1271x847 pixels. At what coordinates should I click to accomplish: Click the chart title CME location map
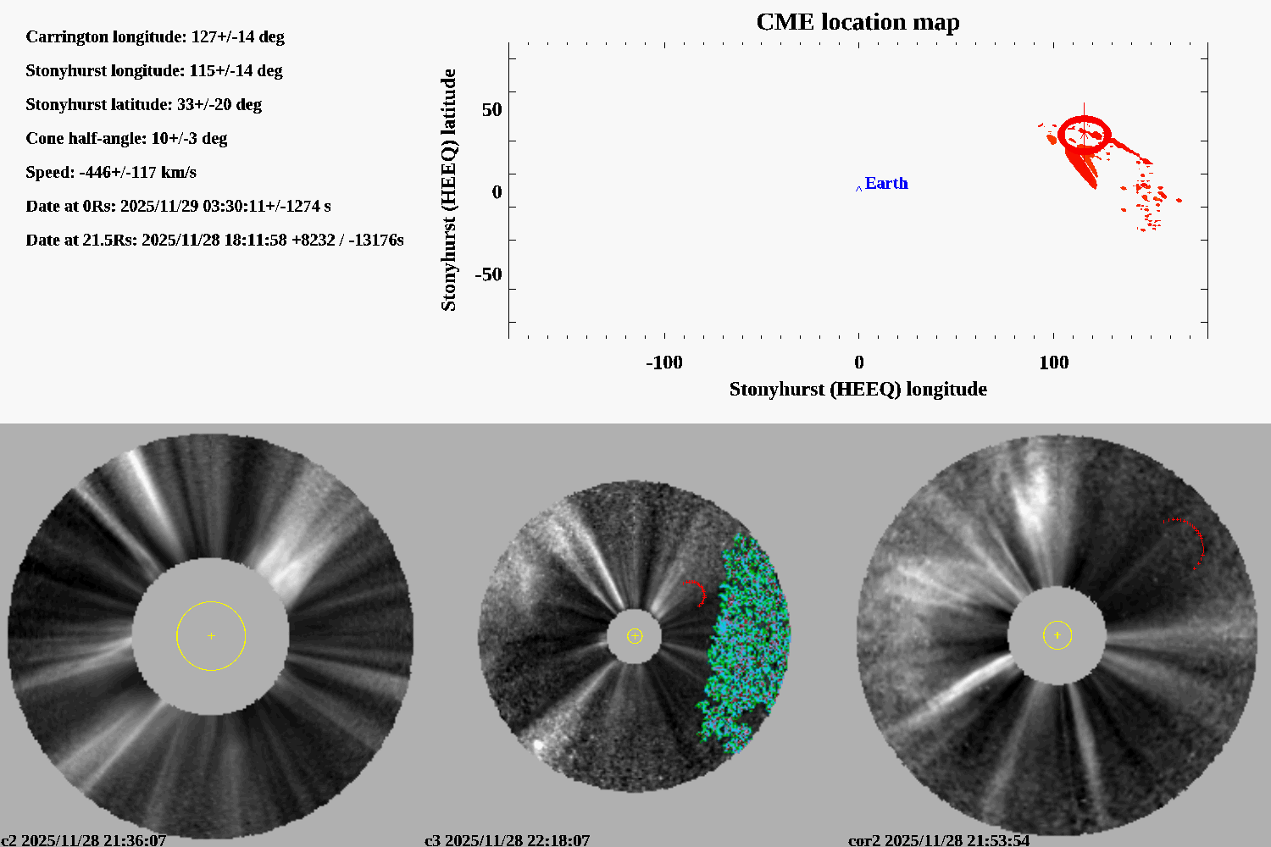(x=858, y=22)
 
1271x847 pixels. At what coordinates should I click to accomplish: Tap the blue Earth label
(x=885, y=183)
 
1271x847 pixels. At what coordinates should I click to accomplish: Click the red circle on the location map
(x=1084, y=133)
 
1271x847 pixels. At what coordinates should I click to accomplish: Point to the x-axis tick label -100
(x=663, y=363)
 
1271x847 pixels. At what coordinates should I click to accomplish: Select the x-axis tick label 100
(x=1053, y=363)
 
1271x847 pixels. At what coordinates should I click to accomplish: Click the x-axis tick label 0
(x=858, y=363)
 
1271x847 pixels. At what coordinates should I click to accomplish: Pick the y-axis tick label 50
(x=491, y=110)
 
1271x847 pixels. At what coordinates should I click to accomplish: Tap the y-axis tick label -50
(x=487, y=274)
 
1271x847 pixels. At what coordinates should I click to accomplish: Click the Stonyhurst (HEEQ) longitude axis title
(x=858, y=389)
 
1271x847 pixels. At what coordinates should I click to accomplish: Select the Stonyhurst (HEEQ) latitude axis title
(x=448, y=190)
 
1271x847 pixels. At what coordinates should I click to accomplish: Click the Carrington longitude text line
(x=155, y=36)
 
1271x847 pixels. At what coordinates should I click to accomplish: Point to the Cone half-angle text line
(x=126, y=138)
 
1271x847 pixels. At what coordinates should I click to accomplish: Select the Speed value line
(x=111, y=172)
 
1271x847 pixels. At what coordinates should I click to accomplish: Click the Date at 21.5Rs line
(x=214, y=240)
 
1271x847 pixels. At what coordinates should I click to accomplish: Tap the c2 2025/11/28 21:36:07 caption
(x=83, y=839)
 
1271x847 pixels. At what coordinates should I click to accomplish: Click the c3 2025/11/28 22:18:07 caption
(x=507, y=839)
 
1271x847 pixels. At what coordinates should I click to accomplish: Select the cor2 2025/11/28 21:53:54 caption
(x=939, y=839)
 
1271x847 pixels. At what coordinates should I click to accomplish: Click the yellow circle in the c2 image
(x=211, y=602)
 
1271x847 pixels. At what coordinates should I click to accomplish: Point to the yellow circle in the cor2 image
(x=1057, y=622)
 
